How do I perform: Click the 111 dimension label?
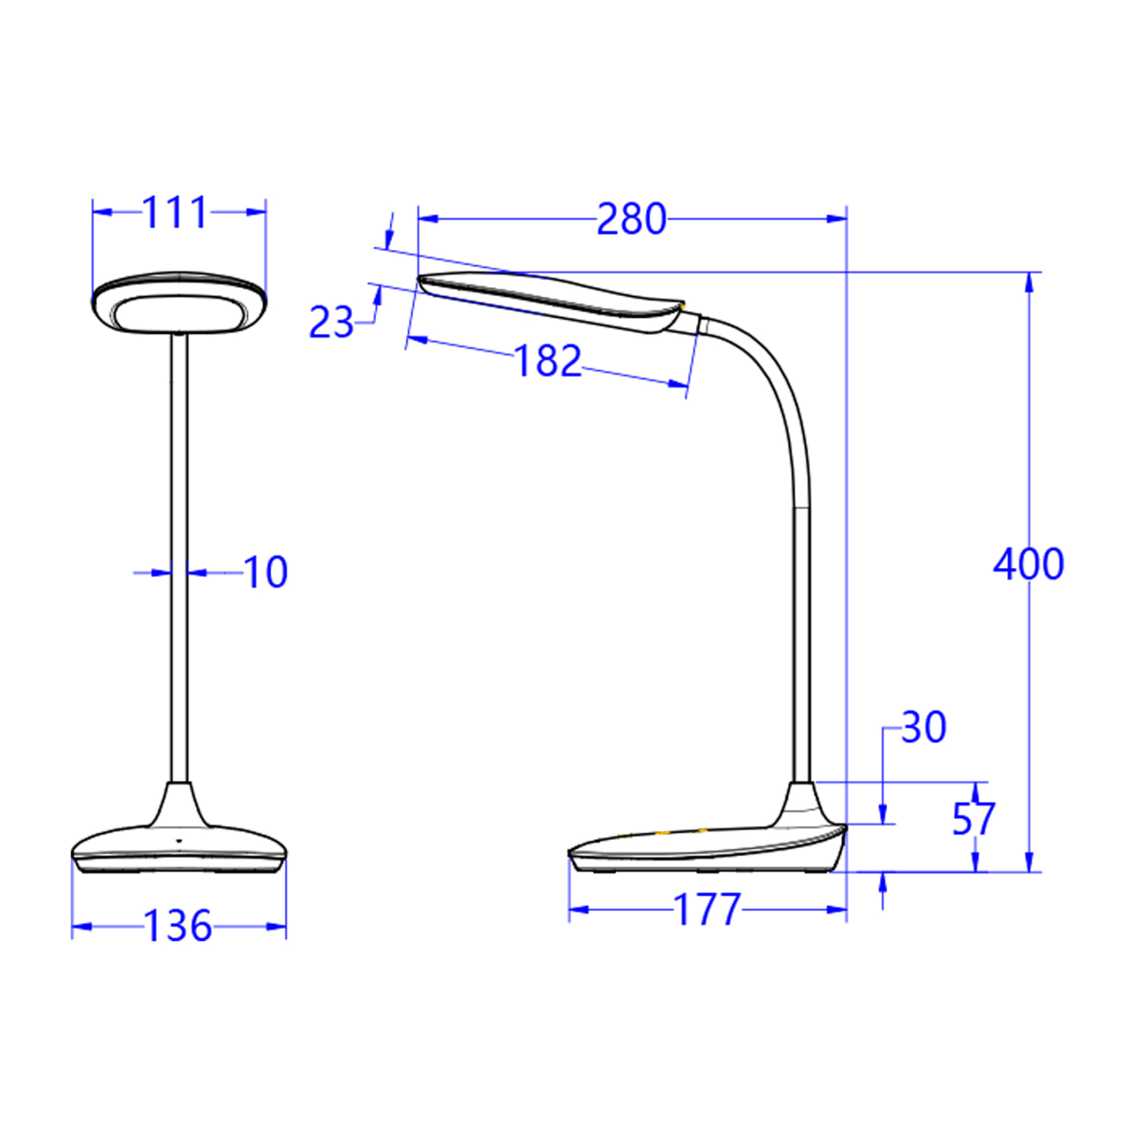(x=175, y=213)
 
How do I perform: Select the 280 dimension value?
(x=631, y=220)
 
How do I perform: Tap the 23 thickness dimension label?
(x=331, y=323)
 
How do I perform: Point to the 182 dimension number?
(x=547, y=361)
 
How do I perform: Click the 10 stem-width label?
(x=266, y=573)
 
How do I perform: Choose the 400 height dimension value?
(x=1028, y=565)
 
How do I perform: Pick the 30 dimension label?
(x=924, y=728)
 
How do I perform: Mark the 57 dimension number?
(x=973, y=819)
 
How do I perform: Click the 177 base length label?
(x=707, y=910)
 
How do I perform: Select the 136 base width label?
(x=178, y=926)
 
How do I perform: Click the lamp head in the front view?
(x=179, y=303)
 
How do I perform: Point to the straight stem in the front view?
(x=179, y=560)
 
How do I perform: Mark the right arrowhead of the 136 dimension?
(x=276, y=926)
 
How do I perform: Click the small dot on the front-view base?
(x=179, y=841)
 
